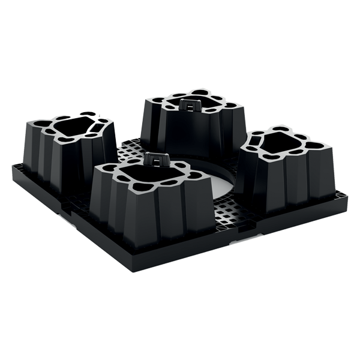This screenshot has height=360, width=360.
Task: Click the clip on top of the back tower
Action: pyautogui.click(x=191, y=104)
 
